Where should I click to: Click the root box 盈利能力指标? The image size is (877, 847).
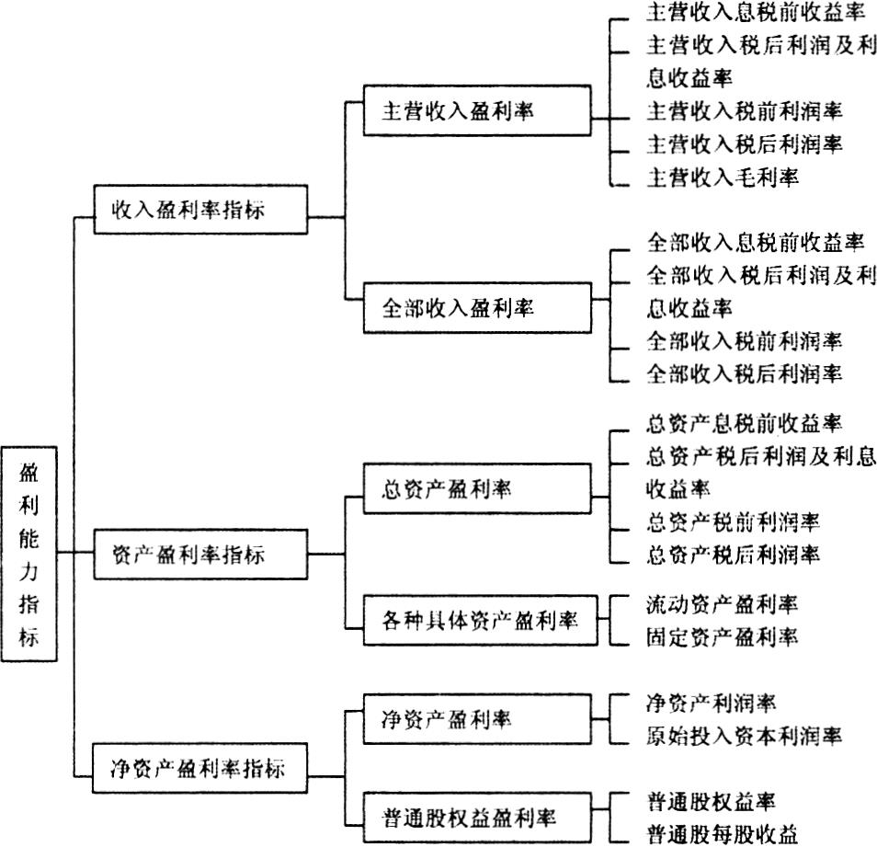coord(29,554)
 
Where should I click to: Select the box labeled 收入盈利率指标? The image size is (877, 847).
coord(200,210)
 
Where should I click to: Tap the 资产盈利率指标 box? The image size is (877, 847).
coord(200,554)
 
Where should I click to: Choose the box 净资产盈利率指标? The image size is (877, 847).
coord(199,768)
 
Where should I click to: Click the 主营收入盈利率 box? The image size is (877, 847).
coord(477,110)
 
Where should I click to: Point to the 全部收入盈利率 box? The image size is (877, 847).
coord(477,308)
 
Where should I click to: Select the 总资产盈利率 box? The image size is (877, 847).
coord(477,488)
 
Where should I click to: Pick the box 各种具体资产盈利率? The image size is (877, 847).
coord(481,620)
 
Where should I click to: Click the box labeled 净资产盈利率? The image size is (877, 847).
coord(477,719)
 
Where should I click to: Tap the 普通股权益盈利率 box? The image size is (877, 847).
coord(477,818)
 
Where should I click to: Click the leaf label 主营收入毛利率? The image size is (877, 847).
coord(722,177)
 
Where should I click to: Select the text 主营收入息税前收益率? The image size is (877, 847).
coord(755,12)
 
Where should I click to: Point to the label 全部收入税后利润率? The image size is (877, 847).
coord(744,373)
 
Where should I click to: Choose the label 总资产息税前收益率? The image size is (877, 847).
coord(744,423)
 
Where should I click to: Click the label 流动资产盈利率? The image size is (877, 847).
coord(722,604)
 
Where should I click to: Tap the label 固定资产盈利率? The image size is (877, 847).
coord(722,636)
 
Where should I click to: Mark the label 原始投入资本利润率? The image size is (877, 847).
coord(744,736)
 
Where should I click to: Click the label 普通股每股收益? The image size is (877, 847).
coord(722,834)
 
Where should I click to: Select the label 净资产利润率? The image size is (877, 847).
coord(711,703)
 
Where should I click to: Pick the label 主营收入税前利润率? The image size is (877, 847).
coord(744,110)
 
